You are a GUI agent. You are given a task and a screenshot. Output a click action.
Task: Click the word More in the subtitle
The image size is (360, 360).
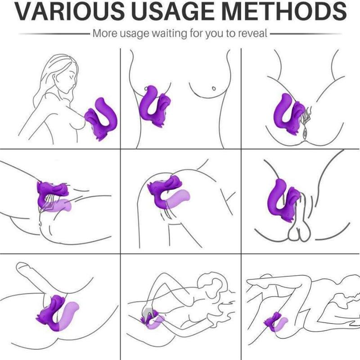point(105,33)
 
